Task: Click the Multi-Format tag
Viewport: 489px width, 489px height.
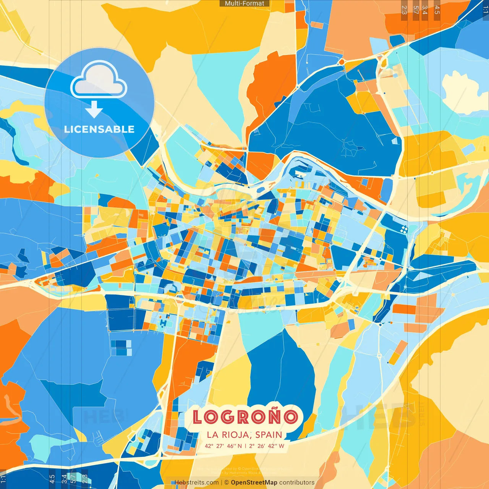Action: tap(244, 3)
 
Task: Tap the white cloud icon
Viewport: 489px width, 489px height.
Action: tap(99, 80)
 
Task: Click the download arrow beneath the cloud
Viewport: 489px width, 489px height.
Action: tap(94, 109)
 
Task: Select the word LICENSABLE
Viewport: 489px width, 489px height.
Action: tap(99, 129)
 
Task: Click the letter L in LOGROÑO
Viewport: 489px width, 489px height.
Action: tap(198, 417)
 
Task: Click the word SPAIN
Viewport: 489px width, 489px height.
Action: tap(269, 435)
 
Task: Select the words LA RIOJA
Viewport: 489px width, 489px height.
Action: tap(228, 435)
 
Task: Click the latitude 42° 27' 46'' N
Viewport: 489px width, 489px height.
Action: tap(223, 446)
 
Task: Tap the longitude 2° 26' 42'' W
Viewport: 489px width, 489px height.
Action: tap(267, 446)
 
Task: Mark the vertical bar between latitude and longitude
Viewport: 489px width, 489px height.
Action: tap(245, 446)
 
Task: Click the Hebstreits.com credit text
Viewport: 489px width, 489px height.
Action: tap(197, 483)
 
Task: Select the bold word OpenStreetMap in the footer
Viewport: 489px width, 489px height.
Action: tap(254, 483)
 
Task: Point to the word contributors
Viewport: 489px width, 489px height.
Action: tap(297, 483)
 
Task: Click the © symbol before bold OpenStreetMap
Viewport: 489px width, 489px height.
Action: tap(227, 483)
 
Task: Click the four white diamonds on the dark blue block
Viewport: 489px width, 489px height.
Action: tap(404, 229)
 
